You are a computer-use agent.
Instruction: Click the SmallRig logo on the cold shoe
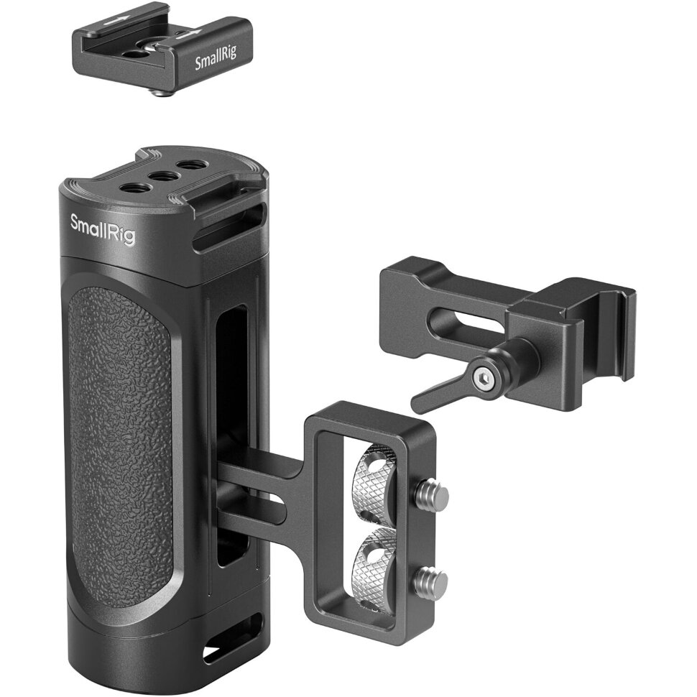(218, 62)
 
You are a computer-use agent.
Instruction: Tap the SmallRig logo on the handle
(102, 229)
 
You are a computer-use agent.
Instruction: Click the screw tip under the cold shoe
(164, 91)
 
